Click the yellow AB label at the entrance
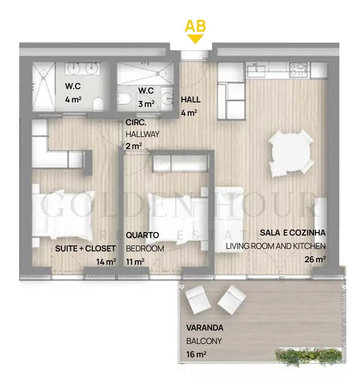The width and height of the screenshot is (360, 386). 195,26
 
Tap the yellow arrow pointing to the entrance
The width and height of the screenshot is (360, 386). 195,39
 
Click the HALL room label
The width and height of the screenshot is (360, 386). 191,99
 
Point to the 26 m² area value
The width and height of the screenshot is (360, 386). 315,259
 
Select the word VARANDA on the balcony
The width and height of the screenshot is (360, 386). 205,328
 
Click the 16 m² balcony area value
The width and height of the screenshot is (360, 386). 196,354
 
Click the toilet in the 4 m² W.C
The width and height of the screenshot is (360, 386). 98,103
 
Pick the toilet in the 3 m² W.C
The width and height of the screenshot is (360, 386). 124,98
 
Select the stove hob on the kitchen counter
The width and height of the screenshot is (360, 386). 299,69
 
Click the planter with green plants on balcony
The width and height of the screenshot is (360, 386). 309,355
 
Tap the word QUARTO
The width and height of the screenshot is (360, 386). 142,235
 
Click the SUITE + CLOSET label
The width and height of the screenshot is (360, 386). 86,248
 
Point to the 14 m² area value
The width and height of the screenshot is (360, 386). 106,262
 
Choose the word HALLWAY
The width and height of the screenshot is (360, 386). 142,134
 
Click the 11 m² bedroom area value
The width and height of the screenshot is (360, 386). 135,262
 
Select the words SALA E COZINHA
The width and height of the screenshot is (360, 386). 293,233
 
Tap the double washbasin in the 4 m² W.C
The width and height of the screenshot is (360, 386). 83,68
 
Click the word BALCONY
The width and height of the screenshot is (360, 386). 204,341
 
